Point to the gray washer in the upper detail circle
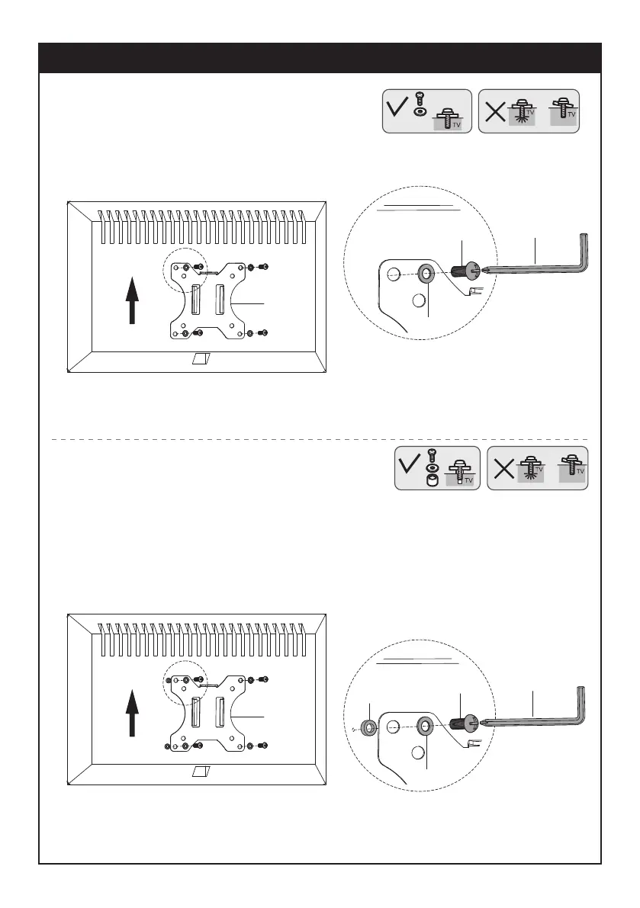coord(426,273)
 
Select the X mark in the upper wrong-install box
coord(495,112)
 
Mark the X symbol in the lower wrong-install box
coord(504,468)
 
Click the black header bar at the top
coord(320,58)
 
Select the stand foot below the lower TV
coord(202,772)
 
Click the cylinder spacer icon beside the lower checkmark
coord(433,481)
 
